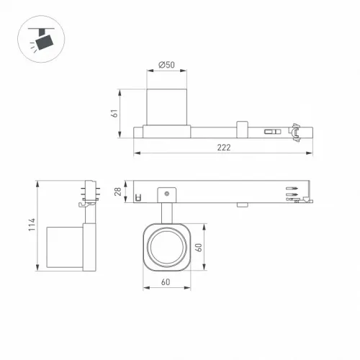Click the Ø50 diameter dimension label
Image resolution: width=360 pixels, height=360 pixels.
coord(167,65)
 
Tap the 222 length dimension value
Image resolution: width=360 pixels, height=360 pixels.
coord(224,147)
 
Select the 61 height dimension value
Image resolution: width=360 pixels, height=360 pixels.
coord(114,113)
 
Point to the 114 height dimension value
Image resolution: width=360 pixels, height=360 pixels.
coord(32,225)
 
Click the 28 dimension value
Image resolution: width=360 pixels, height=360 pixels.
coord(118,192)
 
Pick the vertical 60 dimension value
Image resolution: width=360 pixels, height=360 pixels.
coord(199,248)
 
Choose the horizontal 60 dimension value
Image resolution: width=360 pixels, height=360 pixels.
coord(166,282)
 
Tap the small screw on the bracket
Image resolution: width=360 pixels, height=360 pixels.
coord(167,194)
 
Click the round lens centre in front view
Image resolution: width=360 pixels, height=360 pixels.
coord(167,247)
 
